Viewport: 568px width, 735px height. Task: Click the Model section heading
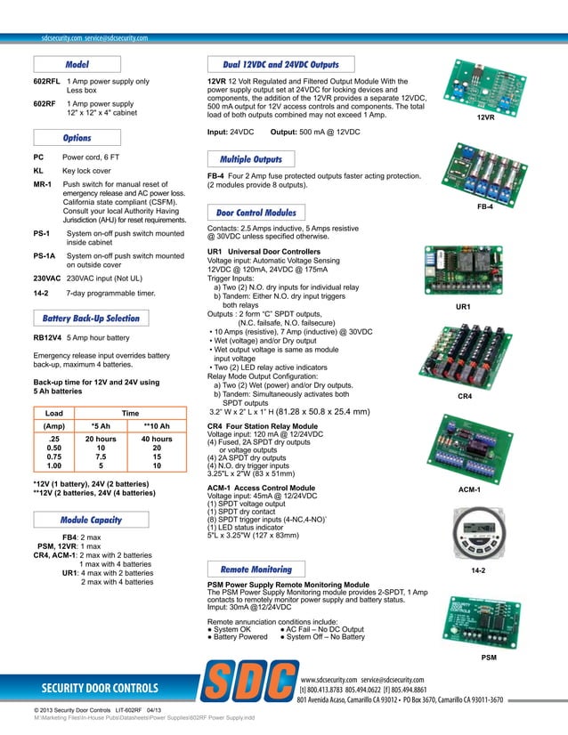point(77,65)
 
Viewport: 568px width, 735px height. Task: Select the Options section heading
point(77,139)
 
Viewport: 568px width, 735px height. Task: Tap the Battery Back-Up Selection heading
point(92,319)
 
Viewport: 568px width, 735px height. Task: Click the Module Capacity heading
point(91,519)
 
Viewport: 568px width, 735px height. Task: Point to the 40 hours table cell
point(157,440)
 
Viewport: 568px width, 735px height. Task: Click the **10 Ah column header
point(157,425)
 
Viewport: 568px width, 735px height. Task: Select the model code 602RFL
point(47,82)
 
